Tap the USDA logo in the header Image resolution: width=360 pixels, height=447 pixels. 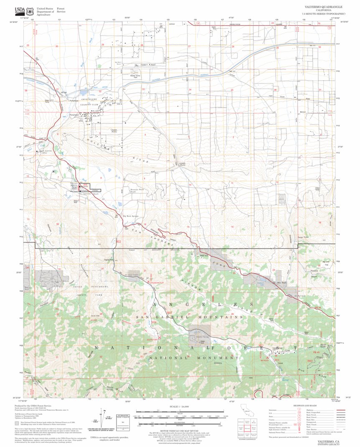click(20, 11)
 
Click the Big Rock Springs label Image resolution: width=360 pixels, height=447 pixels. click(130, 216)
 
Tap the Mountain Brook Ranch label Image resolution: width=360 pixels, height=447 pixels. click(137, 190)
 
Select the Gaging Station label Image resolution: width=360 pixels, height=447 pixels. click(109, 260)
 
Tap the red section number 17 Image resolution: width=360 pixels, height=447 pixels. click(101, 224)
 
